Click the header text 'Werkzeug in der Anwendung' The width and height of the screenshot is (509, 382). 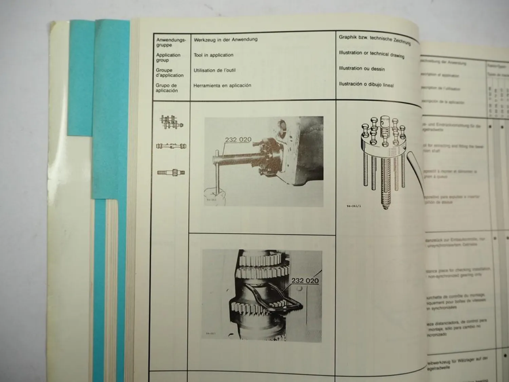pyautogui.click(x=226, y=40)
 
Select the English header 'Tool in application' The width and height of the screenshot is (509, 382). pyautogui.click(x=213, y=55)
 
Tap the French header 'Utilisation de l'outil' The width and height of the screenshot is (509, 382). pyautogui.click(x=214, y=70)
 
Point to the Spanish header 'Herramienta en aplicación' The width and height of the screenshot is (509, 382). pyautogui.click(x=222, y=86)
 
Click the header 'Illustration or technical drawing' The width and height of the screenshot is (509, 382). pyautogui.click(x=371, y=54)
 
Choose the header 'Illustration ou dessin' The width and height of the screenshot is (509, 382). pyautogui.click(x=362, y=69)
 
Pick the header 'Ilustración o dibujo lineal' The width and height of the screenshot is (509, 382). pyautogui.click(x=366, y=85)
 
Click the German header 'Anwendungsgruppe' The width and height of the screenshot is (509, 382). pyautogui.click(x=171, y=42)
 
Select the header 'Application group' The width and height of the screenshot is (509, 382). pyautogui.click(x=168, y=57)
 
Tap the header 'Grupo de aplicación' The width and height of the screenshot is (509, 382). pyautogui.click(x=166, y=88)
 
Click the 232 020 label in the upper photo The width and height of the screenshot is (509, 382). pyautogui.click(x=238, y=140)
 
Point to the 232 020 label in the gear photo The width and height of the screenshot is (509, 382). pyautogui.click(x=305, y=280)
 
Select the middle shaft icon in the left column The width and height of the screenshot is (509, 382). pyautogui.click(x=171, y=146)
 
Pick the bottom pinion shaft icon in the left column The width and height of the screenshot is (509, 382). pyautogui.click(x=171, y=172)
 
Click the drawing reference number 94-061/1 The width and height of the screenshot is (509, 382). pyautogui.click(x=354, y=206)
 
